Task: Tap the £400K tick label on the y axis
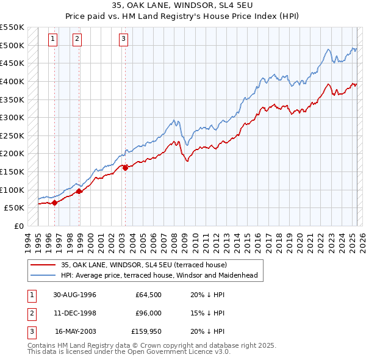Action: (x=12, y=81)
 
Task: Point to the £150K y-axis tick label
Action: (x=12, y=171)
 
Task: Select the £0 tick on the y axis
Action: (x=19, y=226)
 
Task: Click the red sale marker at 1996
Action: (x=55, y=203)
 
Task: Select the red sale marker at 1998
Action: (x=79, y=191)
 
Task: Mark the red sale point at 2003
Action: (x=125, y=168)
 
